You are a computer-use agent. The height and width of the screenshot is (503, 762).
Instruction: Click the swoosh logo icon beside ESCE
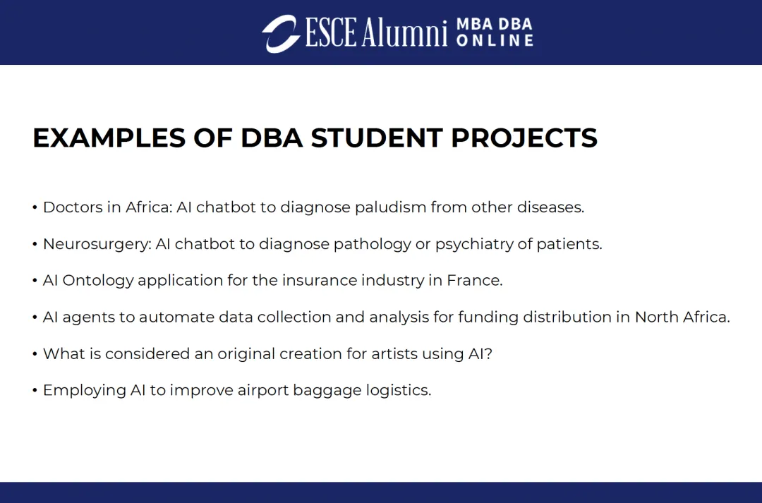point(281,34)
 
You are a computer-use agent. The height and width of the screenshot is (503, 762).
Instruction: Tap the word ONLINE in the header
point(495,40)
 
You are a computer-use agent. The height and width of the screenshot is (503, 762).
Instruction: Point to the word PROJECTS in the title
point(524,138)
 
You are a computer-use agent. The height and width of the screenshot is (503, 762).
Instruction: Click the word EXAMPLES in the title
point(109,138)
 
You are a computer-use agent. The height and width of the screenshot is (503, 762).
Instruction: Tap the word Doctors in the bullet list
point(73,207)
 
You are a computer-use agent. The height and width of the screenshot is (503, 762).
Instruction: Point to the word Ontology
point(97,281)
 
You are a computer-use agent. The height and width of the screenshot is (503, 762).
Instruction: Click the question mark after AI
point(488,354)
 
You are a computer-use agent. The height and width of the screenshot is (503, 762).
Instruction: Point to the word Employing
point(85,391)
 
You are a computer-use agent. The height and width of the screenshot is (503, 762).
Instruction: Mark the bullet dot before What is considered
point(35,354)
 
